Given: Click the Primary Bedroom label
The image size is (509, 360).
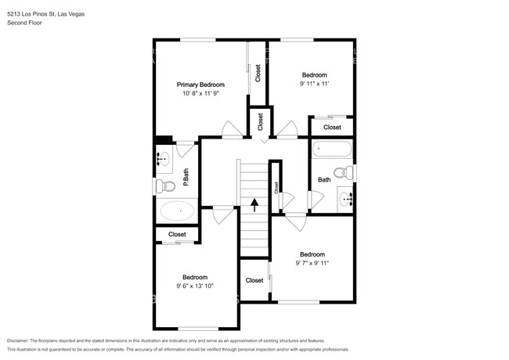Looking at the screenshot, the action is [x=200, y=85].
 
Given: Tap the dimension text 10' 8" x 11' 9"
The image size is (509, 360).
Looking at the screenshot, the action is [x=201, y=93].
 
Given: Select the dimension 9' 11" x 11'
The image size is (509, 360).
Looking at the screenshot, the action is [x=315, y=84].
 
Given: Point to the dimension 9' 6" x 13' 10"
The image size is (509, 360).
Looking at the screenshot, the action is [x=195, y=286].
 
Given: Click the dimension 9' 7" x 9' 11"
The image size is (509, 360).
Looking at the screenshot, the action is [x=312, y=263].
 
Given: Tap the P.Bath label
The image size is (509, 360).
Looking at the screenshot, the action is [x=186, y=177].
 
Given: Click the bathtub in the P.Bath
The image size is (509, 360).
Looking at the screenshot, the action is [x=177, y=211].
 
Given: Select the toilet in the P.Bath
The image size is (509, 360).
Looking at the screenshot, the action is [x=165, y=186].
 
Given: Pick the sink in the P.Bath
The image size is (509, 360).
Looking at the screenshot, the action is [x=164, y=159].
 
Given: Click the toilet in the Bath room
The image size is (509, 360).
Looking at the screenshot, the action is [x=343, y=172].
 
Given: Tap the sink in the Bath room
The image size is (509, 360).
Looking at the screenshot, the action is [x=345, y=198].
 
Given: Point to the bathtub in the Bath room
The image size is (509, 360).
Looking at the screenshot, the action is [x=332, y=149].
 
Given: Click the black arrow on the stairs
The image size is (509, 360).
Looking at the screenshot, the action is [x=254, y=205].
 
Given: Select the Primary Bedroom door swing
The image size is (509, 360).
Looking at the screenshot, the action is [x=232, y=130].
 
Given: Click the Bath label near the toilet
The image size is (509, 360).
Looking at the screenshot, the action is [x=324, y=180].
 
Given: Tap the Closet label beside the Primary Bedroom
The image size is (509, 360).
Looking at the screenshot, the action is [x=258, y=74].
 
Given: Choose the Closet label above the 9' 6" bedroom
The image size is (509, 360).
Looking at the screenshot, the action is [x=177, y=234].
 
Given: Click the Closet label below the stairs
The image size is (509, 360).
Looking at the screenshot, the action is [x=254, y=280].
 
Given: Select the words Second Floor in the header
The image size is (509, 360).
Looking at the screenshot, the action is [x=24, y=23].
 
